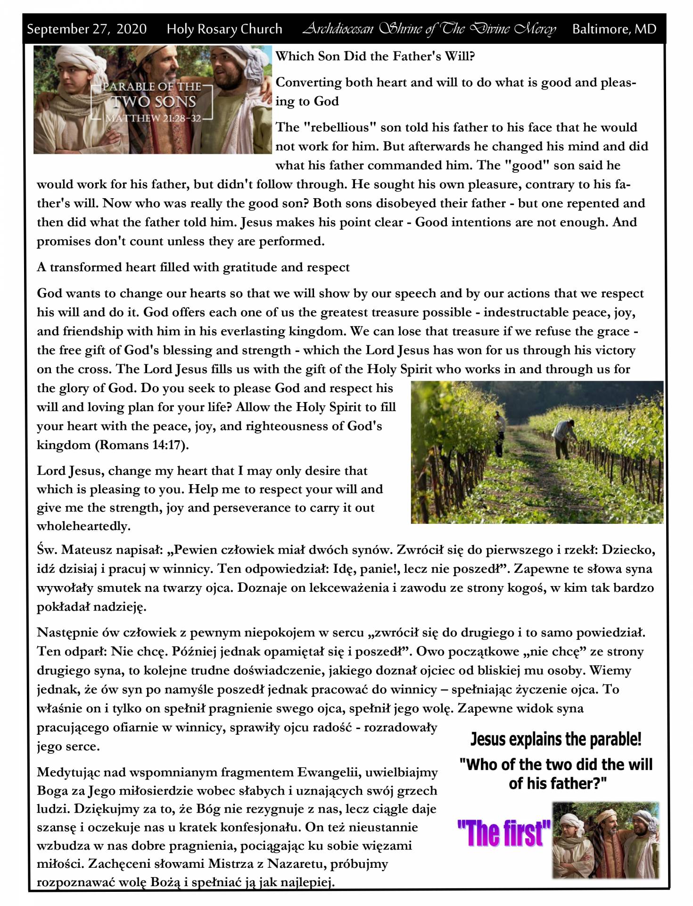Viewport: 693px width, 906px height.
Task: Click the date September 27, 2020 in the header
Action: [87, 29]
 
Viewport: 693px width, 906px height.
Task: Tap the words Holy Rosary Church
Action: [224, 29]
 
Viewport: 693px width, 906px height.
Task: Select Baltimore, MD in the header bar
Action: [614, 29]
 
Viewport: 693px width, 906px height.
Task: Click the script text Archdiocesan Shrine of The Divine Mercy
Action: [429, 29]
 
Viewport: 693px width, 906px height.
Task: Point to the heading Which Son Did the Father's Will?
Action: [375, 57]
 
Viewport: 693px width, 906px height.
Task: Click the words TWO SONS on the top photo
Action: [154, 102]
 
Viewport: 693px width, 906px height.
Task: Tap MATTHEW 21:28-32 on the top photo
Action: [154, 118]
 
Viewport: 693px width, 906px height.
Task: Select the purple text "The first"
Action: [503, 833]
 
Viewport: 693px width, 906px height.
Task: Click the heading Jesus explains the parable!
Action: [556, 739]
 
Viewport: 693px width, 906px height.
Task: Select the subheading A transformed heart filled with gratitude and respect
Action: [193, 268]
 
